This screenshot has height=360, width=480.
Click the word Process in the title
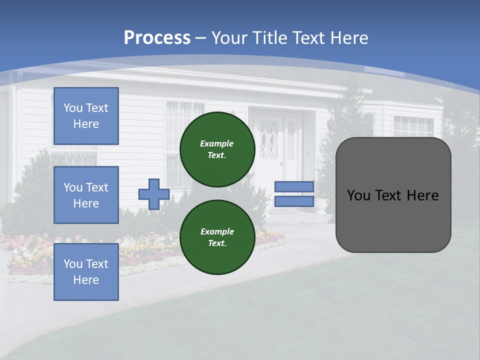click(x=157, y=38)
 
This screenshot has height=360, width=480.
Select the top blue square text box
click(x=86, y=116)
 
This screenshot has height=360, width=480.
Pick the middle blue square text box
click(x=86, y=195)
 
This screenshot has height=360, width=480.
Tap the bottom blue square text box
click(x=86, y=272)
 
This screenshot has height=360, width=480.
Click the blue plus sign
click(x=154, y=194)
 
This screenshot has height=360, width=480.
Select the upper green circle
click(x=217, y=149)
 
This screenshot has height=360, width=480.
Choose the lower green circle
click(x=217, y=237)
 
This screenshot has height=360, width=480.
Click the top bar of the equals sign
click(x=294, y=186)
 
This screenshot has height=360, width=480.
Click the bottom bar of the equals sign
click(x=294, y=201)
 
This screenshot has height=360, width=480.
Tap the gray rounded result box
click(x=393, y=220)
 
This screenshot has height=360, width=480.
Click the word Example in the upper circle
click(x=217, y=143)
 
